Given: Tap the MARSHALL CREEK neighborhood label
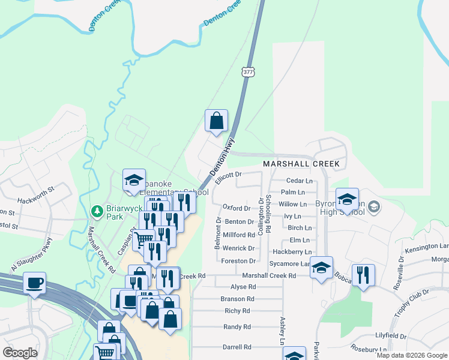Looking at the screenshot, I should (x=301, y=164).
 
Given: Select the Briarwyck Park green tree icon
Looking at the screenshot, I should (x=96, y=211).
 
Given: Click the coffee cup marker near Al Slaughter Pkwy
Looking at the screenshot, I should (x=34, y=282).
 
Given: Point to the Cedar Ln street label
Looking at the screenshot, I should (x=300, y=181).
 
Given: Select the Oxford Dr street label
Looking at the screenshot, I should (x=236, y=208).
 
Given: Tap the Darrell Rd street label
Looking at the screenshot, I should (x=237, y=347).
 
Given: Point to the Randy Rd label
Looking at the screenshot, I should (x=237, y=327).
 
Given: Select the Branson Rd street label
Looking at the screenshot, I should (x=237, y=299).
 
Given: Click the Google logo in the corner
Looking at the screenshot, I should (x=20, y=353).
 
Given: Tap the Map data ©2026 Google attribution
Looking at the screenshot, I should (x=412, y=356).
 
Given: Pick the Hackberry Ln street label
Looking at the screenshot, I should (x=292, y=252).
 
